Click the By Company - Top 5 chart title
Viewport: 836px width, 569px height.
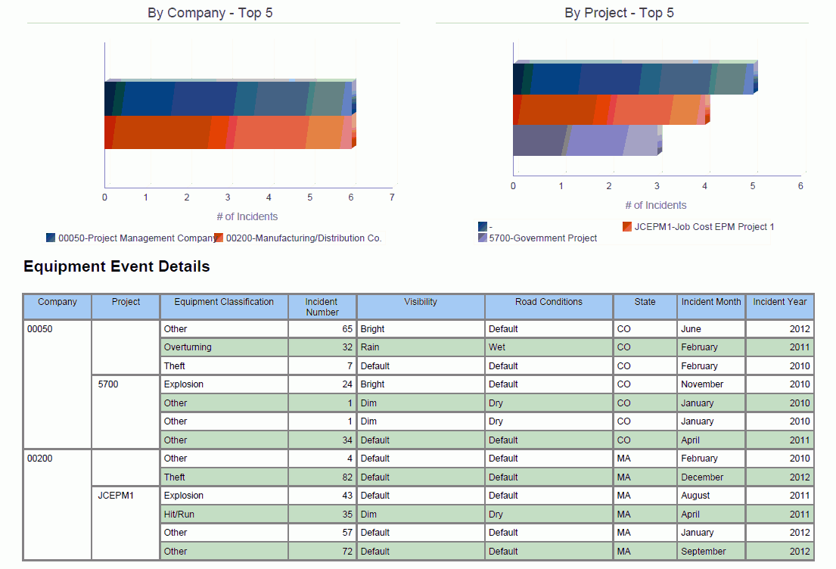tap(210, 13)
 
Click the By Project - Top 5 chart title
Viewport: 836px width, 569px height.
tap(619, 13)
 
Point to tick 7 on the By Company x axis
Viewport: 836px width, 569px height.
tap(392, 197)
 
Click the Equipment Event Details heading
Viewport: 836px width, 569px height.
tap(117, 266)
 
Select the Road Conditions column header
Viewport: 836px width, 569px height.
tap(549, 302)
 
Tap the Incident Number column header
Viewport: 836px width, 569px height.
tap(322, 306)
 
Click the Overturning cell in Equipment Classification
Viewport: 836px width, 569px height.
tap(188, 347)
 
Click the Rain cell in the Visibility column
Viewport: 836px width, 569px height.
tap(370, 347)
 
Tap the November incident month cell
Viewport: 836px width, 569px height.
tap(702, 384)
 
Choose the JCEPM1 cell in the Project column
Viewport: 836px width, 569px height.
tap(116, 496)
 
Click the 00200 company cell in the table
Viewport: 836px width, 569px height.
tap(40, 459)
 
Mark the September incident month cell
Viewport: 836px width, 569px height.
tap(704, 552)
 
